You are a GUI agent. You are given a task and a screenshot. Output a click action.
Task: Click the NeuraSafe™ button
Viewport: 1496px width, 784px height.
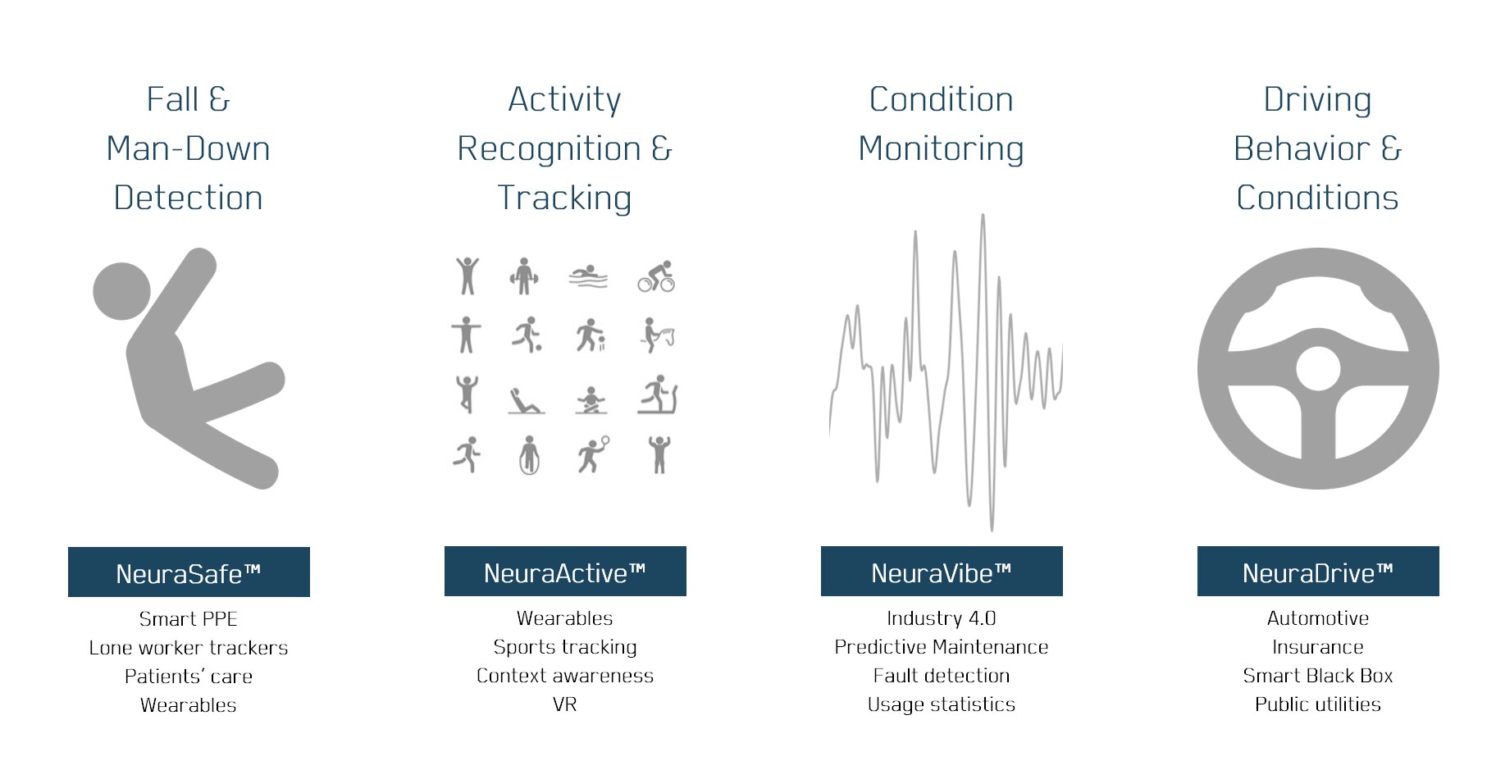(189, 572)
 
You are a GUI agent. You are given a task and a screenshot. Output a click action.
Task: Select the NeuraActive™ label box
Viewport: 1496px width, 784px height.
(565, 572)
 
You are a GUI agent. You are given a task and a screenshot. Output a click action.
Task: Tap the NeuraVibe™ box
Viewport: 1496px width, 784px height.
(942, 572)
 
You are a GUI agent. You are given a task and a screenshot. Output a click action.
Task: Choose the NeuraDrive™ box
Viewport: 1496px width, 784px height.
(1318, 572)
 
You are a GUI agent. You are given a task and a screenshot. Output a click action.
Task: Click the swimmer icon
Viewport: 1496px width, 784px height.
(588, 277)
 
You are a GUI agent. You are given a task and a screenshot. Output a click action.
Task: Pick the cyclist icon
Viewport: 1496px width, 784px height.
(657, 277)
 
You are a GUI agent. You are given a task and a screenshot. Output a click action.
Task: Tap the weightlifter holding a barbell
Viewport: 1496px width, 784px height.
(524, 276)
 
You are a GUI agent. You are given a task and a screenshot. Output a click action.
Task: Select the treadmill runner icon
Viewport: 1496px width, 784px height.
(657, 395)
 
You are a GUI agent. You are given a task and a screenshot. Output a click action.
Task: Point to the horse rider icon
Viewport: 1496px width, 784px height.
(657, 335)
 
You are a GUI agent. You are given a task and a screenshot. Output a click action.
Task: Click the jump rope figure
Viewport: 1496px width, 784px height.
(529, 455)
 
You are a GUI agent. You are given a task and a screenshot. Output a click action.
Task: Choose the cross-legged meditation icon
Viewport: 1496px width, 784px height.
(591, 400)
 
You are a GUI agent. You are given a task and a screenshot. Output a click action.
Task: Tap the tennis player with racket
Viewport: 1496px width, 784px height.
(593, 454)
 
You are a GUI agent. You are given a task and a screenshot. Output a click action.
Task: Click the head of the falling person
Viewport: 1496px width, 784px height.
(122, 290)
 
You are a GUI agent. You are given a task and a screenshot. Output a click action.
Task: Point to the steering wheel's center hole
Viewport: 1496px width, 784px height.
(1318, 368)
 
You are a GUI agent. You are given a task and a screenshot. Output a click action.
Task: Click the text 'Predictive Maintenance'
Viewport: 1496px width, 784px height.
(942, 647)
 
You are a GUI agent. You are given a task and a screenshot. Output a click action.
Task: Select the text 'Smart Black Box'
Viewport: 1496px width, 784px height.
(1318, 676)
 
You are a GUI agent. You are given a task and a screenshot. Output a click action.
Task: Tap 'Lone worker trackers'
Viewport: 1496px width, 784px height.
(189, 648)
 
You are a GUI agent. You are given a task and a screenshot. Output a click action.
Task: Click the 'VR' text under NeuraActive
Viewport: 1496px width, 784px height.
(565, 704)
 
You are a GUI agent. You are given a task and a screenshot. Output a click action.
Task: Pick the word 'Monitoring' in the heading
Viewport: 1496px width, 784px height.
(942, 149)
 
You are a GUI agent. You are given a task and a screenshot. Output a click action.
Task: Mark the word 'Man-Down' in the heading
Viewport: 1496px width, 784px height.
(189, 149)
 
